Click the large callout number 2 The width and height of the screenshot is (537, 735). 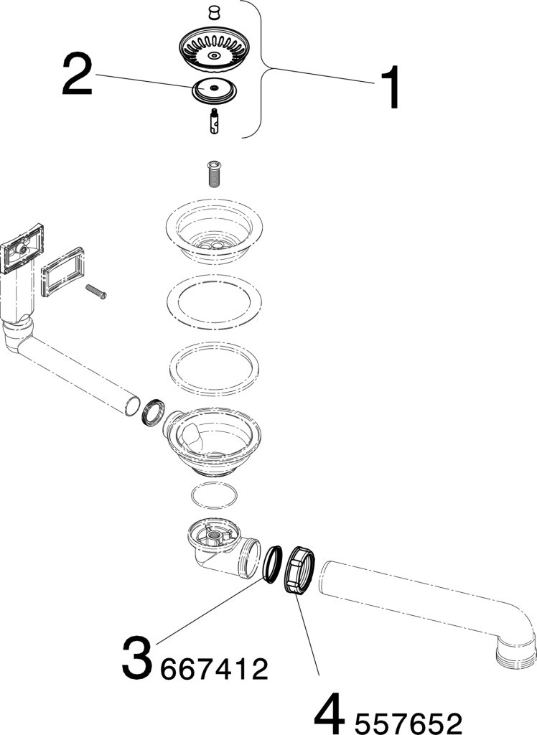tap(77, 77)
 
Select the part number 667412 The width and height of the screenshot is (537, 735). tap(215, 670)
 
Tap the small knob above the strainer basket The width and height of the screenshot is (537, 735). tap(213, 11)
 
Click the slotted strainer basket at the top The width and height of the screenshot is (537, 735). tap(214, 48)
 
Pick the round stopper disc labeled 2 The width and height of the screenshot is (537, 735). tap(214, 90)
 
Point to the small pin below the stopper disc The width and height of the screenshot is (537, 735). tap(214, 119)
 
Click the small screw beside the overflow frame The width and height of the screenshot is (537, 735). tap(95, 291)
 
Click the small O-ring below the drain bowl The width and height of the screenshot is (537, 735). tap(214, 496)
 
